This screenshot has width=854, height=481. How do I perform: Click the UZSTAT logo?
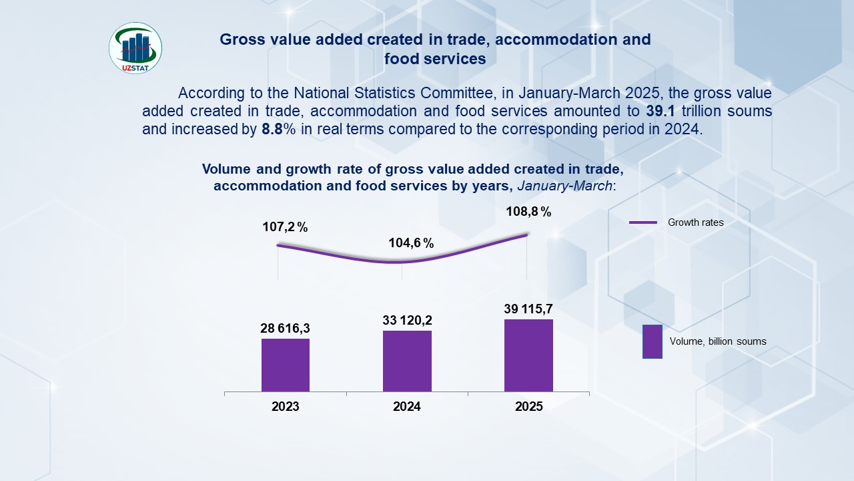click(x=135, y=48)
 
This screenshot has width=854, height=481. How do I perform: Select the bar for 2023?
click(x=286, y=365)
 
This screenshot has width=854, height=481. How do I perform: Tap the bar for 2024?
click(x=407, y=361)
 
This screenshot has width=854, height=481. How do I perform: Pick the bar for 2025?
click(x=528, y=355)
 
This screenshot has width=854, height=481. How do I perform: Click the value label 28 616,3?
click(x=286, y=329)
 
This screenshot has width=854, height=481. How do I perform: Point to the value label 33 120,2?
click(x=407, y=321)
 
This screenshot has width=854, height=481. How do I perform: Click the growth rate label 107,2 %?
click(x=285, y=227)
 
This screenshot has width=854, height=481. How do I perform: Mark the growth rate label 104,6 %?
click(x=411, y=243)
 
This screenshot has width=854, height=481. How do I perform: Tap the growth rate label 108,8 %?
click(x=528, y=212)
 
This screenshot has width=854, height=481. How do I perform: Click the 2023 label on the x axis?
click(x=286, y=406)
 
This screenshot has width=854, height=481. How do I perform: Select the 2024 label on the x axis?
click(x=407, y=406)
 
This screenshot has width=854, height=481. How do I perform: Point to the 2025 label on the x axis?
click(x=529, y=406)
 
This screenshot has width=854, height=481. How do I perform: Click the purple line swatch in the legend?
click(x=644, y=222)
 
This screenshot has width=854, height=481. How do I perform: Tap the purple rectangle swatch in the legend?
click(x=652, y=341)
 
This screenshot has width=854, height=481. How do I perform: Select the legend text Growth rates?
click(x=696, y=222)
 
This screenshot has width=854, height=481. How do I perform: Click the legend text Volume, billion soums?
click(x=718, y=341)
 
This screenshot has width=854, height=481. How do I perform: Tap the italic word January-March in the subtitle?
click(x=564, y=186)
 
